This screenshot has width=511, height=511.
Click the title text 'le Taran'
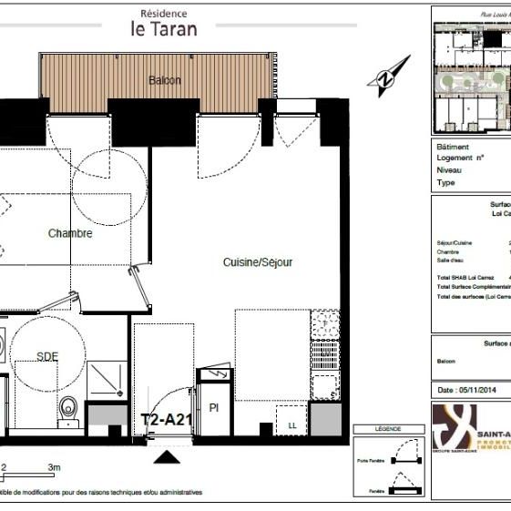click(x=163, y=28)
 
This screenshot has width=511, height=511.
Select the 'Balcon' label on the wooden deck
click(x=165, y=80)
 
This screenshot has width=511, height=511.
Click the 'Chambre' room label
click(x=70, y=234)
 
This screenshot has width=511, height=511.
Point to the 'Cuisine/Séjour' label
click(x=258, y=262)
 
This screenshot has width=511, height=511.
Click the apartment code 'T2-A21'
click(x=166, y=421)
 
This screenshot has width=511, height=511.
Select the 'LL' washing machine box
click(x=292, y=425)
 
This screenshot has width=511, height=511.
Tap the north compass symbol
click(x=388, y=77)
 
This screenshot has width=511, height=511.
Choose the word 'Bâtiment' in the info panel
click(x=453, y=147)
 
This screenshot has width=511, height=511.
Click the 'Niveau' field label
click(x=448, y=170)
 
